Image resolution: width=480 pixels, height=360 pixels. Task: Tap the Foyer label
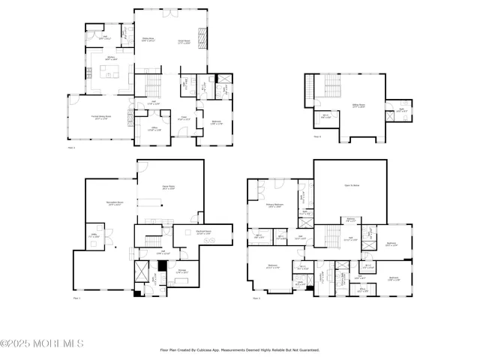coord(182,118)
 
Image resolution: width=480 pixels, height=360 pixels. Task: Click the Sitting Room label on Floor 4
coord(358,106)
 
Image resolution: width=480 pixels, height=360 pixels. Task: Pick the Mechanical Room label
coord(203,232)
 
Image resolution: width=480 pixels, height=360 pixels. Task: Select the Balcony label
coord(350,220)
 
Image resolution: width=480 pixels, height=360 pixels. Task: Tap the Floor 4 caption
coord(317,136)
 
